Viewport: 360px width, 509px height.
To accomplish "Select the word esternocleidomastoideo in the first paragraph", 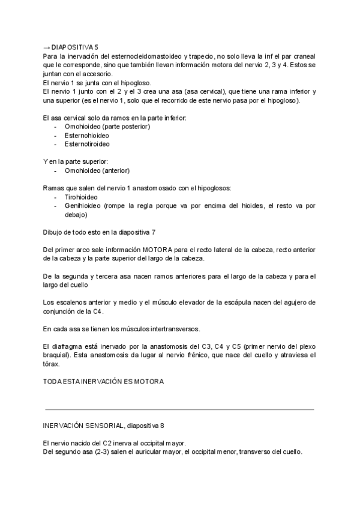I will point(133,55).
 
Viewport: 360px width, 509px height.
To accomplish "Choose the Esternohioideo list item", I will point(87,136).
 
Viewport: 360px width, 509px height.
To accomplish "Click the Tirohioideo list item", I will point(81,197).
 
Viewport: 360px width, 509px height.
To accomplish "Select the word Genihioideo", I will point(83,205).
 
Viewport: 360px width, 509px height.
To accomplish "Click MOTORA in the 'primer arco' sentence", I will point(160,250).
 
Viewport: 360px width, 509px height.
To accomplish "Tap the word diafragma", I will point(66,346).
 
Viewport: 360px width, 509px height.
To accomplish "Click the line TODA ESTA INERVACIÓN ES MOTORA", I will point(104,381).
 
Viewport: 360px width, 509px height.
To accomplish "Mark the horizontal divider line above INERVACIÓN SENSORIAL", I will point(180,409).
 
